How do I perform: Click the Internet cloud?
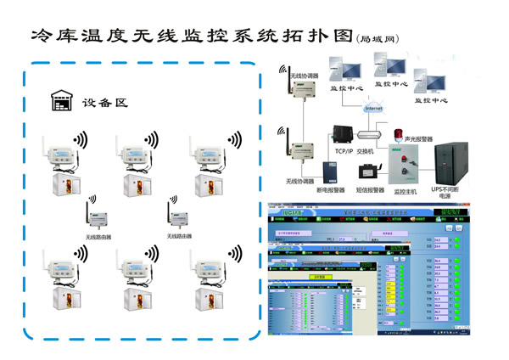pyautogui.click(x=373, y=109)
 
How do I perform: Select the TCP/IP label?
pyautogui.click(x=344, y=151)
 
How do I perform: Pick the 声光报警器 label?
pyautogui.click(x=418, y=138)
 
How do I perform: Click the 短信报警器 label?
pyautogui.click(x=370, y=190)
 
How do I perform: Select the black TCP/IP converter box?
pyautogui.click(x=344, y=134)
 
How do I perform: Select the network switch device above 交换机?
pyautogui.click(x=372, y=134)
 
